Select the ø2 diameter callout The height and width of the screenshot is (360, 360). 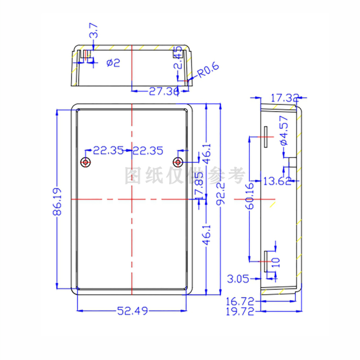pos(113,63)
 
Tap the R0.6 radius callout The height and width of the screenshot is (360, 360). pos(208,71)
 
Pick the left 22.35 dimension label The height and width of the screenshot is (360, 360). pos(108,151)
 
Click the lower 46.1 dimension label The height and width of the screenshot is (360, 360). pos(206,235)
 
